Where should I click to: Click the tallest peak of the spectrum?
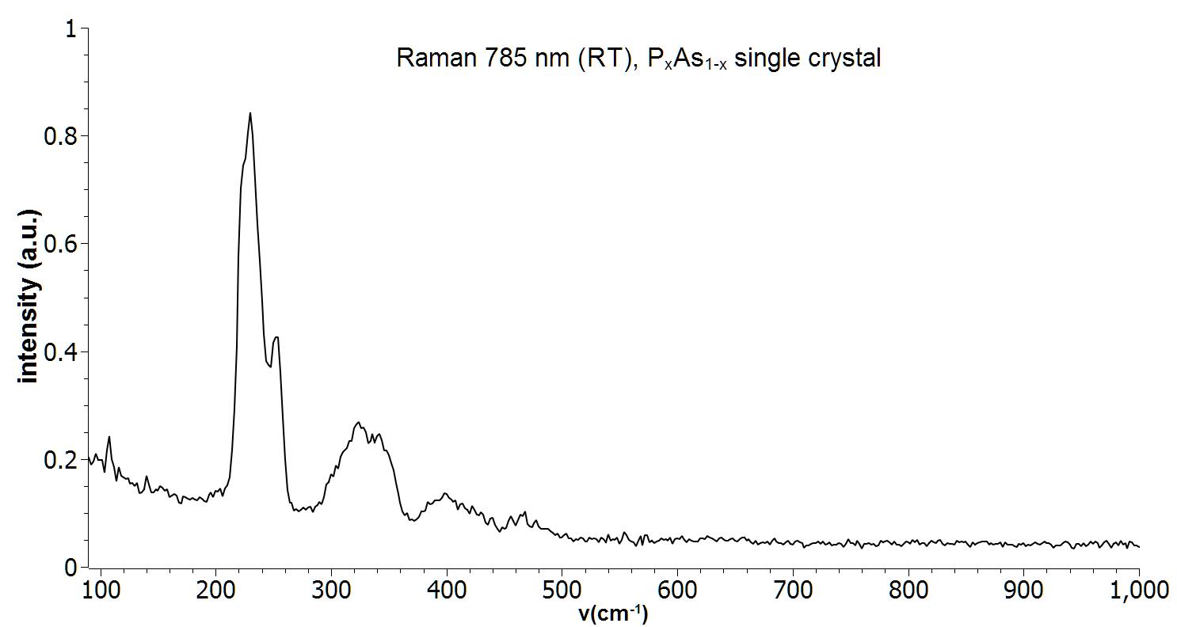250,113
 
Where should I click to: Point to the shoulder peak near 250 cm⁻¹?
276,337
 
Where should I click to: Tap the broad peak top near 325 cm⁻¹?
358,423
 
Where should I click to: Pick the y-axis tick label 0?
71,567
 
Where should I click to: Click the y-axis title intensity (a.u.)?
29,297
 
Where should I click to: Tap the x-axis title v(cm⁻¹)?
613,613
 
